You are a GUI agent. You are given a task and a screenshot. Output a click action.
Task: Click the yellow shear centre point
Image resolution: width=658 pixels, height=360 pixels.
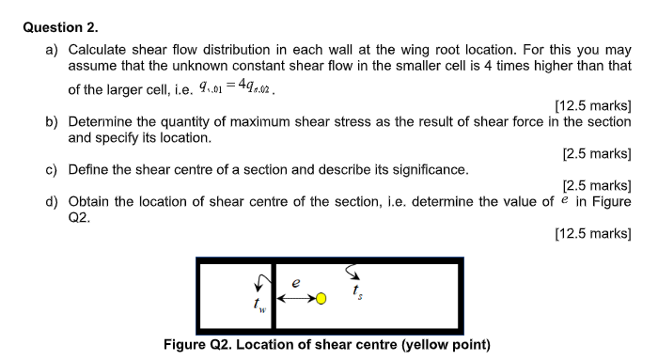321,299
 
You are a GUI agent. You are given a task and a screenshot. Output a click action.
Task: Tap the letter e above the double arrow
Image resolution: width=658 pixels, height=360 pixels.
295,282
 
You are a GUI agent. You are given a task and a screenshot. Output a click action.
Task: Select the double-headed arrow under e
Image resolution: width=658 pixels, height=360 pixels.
295,299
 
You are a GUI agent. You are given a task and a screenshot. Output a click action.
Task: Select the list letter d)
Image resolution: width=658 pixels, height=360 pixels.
54,201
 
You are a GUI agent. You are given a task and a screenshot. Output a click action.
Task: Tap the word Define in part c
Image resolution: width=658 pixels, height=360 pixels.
91,169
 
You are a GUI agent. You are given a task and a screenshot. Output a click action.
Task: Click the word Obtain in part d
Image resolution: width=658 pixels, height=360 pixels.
91,201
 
